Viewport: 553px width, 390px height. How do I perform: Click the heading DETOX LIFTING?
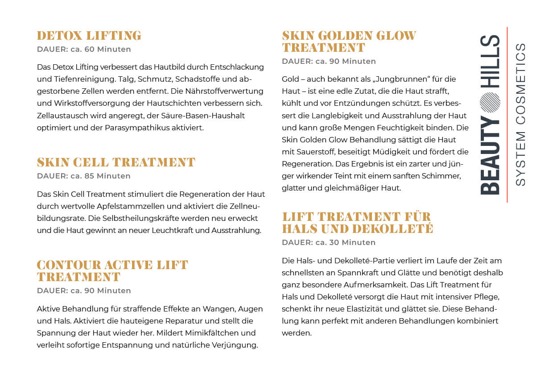(x=89, y=36)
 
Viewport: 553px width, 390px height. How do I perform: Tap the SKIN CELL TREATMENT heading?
(x=116, y=162)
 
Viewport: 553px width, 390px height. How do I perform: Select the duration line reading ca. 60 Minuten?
(x=84, y=49)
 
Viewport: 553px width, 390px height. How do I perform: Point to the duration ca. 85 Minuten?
(x=84, y=176)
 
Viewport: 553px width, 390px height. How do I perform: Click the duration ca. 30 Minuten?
(x=329, y=242)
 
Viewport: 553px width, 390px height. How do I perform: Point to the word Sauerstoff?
(x=313, y=152)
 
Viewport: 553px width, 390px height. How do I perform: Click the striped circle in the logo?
(x=490, y=102)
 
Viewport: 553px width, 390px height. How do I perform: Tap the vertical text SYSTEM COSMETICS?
(x=520, y=114)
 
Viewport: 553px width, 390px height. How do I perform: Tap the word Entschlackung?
(x=236, y=67)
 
